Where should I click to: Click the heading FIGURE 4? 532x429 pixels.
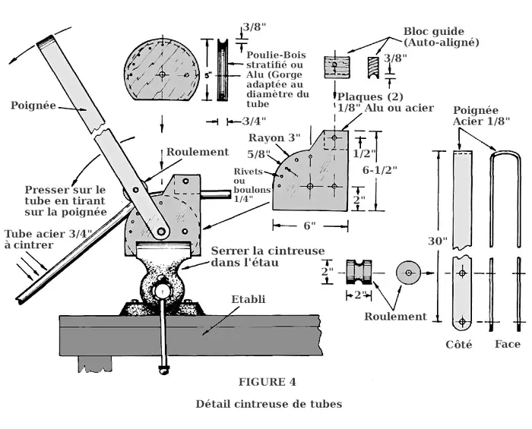(267, 381)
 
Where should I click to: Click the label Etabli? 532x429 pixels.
(249, 299)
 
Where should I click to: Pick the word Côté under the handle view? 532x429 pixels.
(458, 344)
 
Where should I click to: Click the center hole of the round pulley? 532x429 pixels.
(163, 74)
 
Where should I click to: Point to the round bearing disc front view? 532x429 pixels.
(409, 271)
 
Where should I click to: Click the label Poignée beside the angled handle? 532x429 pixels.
(30, 106)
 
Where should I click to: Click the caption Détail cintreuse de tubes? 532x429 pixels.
(268, 403)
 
